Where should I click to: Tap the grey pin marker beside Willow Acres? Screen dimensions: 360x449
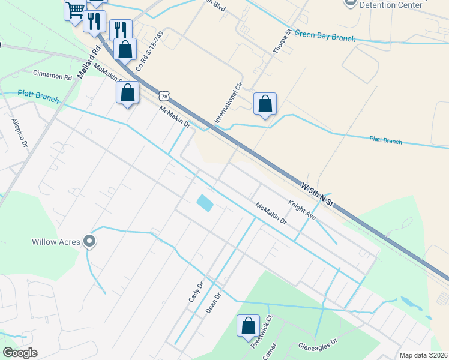click(x=90, y=241)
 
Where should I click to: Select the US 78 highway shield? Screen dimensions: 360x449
click(x=165, y=96)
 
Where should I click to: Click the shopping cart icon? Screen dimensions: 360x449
click(x=75, y=10)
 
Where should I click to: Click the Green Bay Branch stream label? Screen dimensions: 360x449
click(x=325, y=37)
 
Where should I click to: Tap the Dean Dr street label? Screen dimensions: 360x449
click(x=214, y=303)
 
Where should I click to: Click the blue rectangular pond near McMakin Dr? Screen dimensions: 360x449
click(x=204, y=203)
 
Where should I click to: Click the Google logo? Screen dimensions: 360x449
click(x=20, y=353)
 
